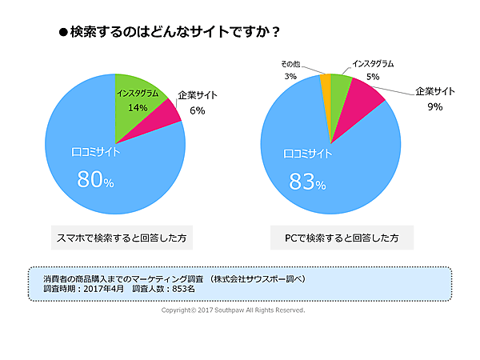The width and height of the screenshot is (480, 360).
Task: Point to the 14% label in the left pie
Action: [137, 106]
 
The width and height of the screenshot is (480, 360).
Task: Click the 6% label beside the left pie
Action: [197, 111]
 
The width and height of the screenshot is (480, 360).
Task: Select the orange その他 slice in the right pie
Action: [325, 83]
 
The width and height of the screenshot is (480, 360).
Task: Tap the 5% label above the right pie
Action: [373, 77]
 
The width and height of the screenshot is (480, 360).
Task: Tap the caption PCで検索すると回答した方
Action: [342, 238]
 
